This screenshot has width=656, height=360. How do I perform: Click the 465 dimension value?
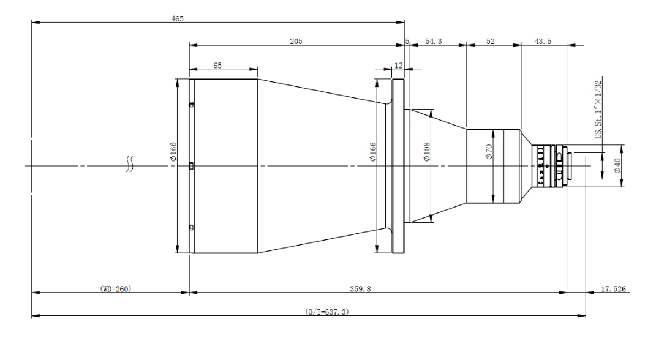[178, 19]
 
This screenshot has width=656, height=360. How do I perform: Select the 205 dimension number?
[296, 42]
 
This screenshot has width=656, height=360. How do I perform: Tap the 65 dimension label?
[217, 66]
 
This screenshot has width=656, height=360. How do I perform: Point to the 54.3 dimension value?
[434, 42]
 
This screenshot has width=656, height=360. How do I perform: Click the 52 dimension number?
[491, 42]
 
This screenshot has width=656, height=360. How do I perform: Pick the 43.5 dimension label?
[543, 42]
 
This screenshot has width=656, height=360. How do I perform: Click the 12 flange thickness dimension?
[398, 66]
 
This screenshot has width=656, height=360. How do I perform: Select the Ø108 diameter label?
[427, 152]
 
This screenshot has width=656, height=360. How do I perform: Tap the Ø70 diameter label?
[489, 151]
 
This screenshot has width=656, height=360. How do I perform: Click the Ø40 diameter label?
[617, 165]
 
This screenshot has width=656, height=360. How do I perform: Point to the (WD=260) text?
[116, 288]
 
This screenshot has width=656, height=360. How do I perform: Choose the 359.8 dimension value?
[360, 288]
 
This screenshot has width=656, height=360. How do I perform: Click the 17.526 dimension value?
[613, 289]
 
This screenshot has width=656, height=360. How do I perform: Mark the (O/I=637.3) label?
[326, 312]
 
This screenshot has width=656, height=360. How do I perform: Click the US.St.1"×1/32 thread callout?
[598, 110]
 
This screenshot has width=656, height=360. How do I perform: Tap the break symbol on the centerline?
[130, 164]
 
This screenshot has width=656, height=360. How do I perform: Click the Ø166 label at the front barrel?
[173, 152]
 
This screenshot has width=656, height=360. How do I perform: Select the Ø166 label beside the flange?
[373, 152]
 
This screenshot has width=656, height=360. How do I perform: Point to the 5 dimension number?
[407, 42]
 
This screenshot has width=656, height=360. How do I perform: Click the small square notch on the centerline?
[191, 166]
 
